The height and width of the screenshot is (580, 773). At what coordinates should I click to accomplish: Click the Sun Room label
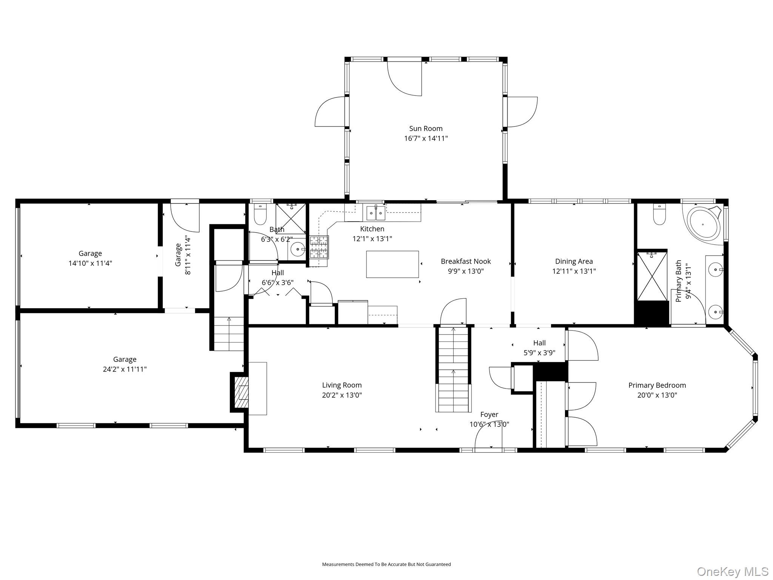pos(426,129)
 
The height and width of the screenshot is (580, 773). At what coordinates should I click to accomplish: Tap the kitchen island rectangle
pos(392,264)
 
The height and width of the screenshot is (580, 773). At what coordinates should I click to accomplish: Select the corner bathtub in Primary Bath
pos(703,224)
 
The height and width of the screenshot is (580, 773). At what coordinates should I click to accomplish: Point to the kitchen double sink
pos(376,213)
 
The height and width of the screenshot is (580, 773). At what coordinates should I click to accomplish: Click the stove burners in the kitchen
pos(319,247)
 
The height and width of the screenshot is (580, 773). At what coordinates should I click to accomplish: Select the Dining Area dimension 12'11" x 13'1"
pos(574,271)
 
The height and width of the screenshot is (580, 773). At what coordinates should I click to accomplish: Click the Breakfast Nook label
pos(466,261)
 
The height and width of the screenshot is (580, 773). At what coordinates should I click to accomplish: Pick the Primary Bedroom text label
pos(657,385)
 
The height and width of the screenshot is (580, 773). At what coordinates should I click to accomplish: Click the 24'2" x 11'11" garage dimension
pos(125,369)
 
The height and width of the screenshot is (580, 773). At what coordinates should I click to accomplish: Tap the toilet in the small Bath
pos(260,215)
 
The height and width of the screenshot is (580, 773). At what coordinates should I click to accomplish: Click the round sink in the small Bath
pos(298,250)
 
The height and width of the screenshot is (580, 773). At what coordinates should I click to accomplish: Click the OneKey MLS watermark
pos(732,571)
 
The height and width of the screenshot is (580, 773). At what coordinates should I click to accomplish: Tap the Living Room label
pos(342,385)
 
